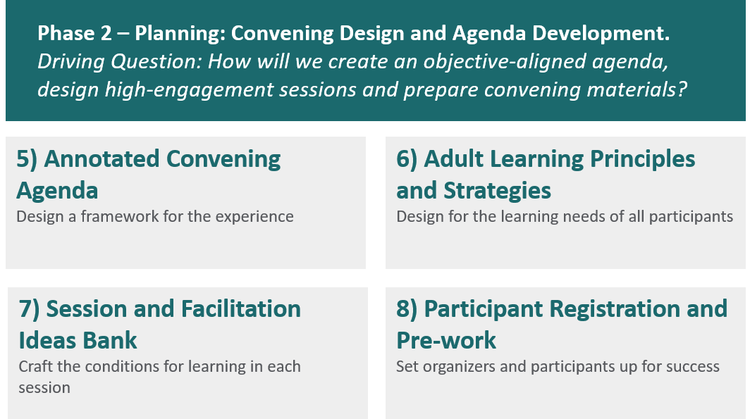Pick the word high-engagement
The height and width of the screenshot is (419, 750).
[x=189, y=90]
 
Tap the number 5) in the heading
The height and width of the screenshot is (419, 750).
[x=27, y=159]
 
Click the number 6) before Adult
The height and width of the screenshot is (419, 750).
[x=407, y=159]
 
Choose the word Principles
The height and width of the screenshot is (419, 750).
[x=642, y=159]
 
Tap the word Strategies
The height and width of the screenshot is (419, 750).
[x=497, y=191]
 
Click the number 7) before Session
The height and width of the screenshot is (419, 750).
[x=29, y=309]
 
